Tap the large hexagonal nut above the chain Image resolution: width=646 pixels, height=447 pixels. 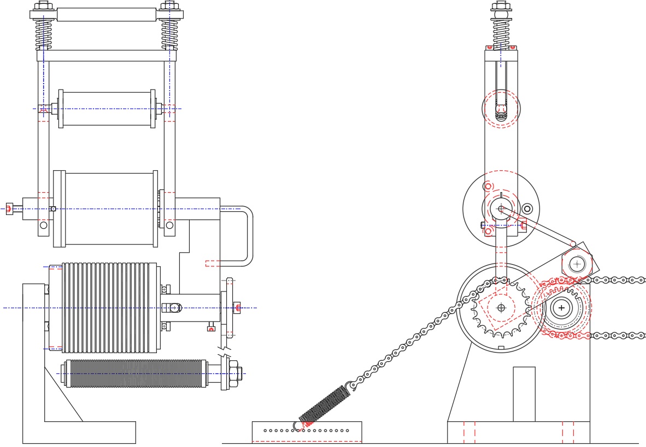point(577,264)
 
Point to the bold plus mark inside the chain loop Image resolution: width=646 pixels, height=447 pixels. point(561,308)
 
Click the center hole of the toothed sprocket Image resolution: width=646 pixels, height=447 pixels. point(501,308)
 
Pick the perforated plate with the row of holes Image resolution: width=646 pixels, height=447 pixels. point(307,431)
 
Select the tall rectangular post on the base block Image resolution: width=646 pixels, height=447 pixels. point(524,394)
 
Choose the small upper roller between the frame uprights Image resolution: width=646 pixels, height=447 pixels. point(107,109)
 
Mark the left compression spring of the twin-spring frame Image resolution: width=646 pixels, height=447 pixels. point(44,34)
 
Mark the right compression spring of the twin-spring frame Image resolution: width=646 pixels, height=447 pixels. point(169,34)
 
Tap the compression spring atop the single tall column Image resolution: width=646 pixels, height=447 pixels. point(501,33)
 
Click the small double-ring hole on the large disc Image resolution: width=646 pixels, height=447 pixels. point(527,208)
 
